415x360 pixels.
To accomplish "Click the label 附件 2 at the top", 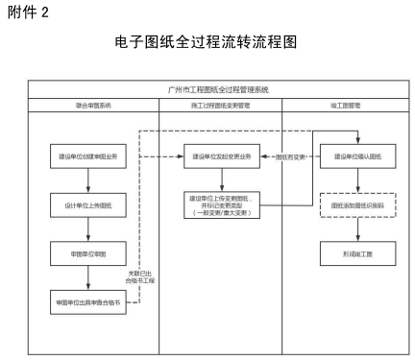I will click(x=28, y=11).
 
